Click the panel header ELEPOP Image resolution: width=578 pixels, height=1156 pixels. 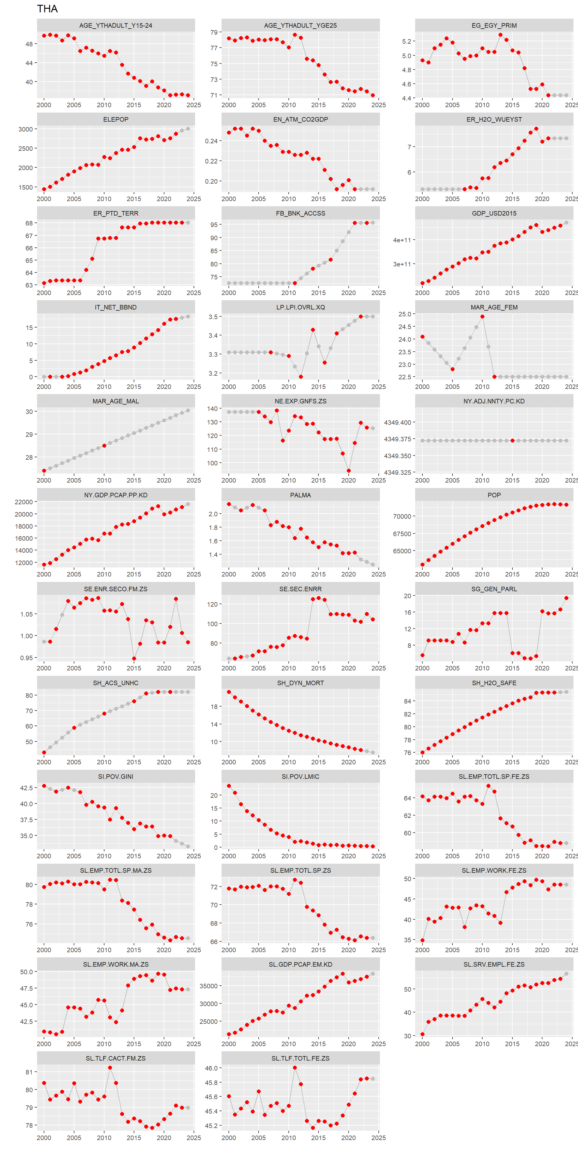click(116, 120)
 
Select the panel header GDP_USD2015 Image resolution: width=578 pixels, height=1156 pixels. click(494, 213)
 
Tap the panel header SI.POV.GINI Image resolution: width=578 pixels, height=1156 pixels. click(116, 776)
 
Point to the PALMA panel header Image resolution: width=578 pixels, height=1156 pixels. click(300, 495)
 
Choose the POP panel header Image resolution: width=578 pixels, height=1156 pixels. click(494, 495)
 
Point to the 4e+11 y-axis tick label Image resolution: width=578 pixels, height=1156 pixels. click(402, 240)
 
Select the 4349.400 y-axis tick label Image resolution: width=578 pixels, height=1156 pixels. click(398, 422)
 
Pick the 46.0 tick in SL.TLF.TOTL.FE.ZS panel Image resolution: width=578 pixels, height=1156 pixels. click(211, 1068)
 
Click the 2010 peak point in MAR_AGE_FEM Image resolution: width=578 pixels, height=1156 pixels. click(482, 316)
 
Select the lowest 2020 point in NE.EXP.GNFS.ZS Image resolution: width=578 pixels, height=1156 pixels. click(349, 471)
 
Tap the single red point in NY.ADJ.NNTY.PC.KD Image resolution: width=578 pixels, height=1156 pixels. click(512, 441)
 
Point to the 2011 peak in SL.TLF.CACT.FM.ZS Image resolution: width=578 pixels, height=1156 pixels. click(110, 1067)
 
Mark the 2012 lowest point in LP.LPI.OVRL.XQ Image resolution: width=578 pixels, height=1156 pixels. click(301, 377)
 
